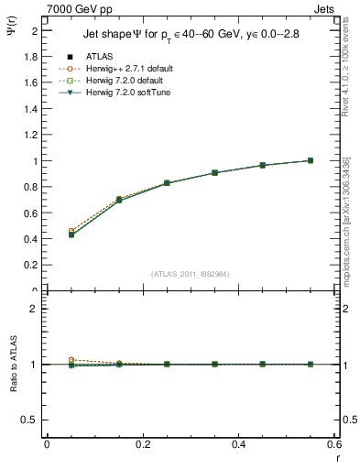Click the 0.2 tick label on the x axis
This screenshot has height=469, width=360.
[x=142, y=444]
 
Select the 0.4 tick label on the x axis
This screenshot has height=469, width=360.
[x=238, y=444]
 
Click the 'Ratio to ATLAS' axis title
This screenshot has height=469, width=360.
[x=12, y=364]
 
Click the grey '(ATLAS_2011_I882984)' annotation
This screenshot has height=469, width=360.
[x=191, y=273]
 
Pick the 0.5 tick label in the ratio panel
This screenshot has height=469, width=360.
[x=30, y=419]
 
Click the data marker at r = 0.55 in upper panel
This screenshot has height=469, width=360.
[x=310, y=160]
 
